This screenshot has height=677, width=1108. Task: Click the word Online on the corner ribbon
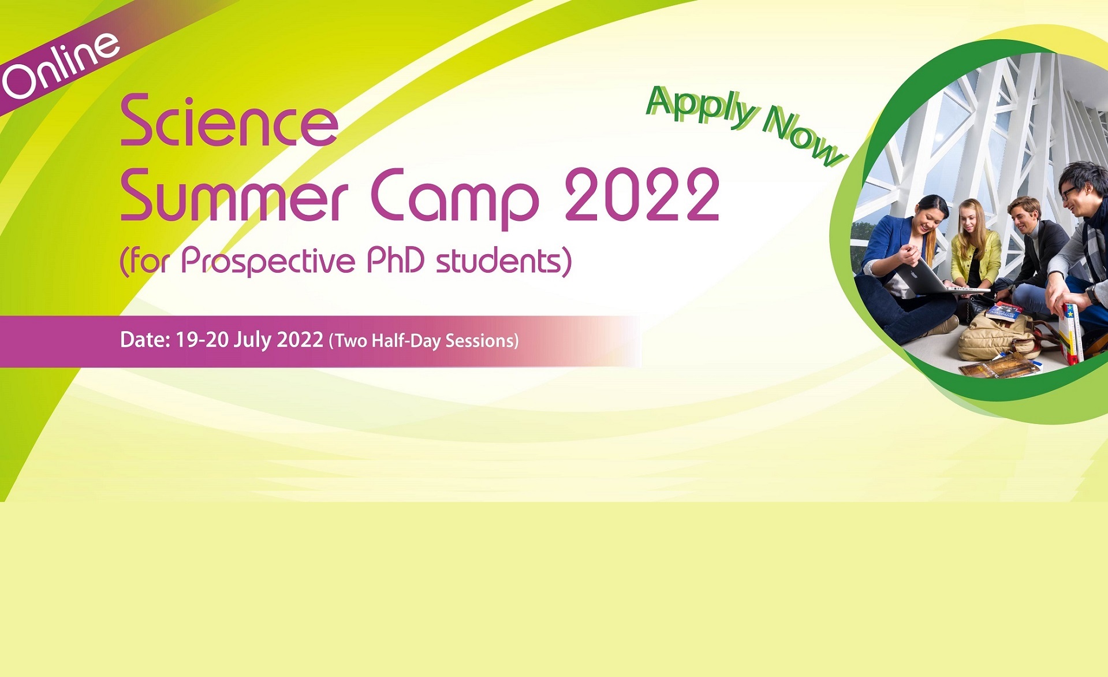[60, 65]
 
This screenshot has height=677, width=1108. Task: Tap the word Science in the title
[229, 121]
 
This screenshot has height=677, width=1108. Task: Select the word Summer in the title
[234, 195]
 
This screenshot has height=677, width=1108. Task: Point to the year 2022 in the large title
[642, 194]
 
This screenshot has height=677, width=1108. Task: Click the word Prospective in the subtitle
[268, 262]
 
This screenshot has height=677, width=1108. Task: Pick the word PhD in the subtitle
[396, 260]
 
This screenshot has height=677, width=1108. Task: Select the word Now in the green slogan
[803, 137]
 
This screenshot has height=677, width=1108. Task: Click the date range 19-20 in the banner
[202, 340]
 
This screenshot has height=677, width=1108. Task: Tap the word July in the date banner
[252, 340]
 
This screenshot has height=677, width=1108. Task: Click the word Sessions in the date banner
[479, 341]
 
